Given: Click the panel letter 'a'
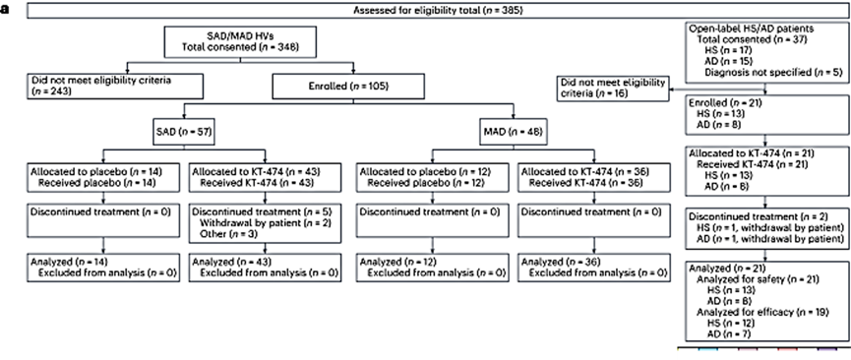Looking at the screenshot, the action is (x=6, y=10).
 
